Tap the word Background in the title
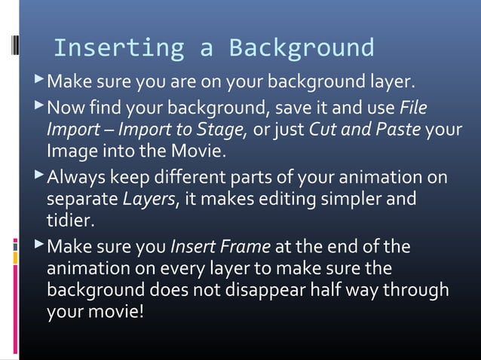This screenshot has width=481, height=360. [x=301, y=47]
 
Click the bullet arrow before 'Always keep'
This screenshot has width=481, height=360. [x=39, y=177]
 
